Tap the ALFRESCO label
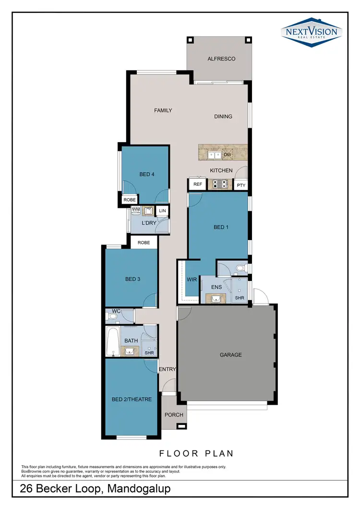coord(221,59)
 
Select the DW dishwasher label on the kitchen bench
coord(228,155)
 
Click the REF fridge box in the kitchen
coord(197,184)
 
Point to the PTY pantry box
coord(241,185)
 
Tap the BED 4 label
coord(147,174)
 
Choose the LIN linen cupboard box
coord(162,211)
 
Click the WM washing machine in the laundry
coord(136,210)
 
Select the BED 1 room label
coord(221,227)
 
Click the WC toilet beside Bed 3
coord(111,316)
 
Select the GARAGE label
coord(230,355)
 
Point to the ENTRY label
coord(168,369)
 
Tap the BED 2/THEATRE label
coord(132,399)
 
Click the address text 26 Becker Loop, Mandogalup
coord(95,489)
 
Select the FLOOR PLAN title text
coord(196,453)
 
